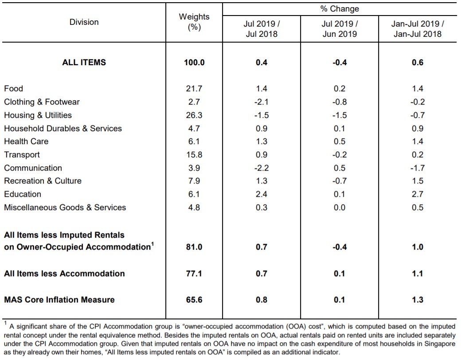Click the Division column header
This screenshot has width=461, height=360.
84,22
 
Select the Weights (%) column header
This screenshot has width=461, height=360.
194,22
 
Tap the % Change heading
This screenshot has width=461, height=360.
340,9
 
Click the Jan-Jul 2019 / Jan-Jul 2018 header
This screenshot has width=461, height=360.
418,29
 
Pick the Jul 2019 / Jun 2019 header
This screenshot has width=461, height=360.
340,29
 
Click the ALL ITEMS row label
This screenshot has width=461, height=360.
84,63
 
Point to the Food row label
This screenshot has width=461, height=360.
14,89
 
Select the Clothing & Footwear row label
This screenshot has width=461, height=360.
42,102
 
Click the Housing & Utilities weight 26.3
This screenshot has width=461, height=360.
194,115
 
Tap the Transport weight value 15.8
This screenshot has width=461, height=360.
194,155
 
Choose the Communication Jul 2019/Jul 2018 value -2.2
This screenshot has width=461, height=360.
262,168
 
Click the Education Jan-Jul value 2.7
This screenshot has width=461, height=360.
418,194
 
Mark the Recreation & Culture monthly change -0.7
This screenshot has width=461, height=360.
340,181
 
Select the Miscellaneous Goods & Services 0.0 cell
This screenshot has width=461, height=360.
340,207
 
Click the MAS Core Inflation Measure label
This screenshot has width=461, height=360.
59,300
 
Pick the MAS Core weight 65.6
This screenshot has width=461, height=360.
194,300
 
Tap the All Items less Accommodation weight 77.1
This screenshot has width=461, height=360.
194,274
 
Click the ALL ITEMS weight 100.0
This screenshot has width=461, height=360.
194,63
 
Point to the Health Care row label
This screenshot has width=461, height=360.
26,141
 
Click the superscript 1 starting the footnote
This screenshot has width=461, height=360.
6,323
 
